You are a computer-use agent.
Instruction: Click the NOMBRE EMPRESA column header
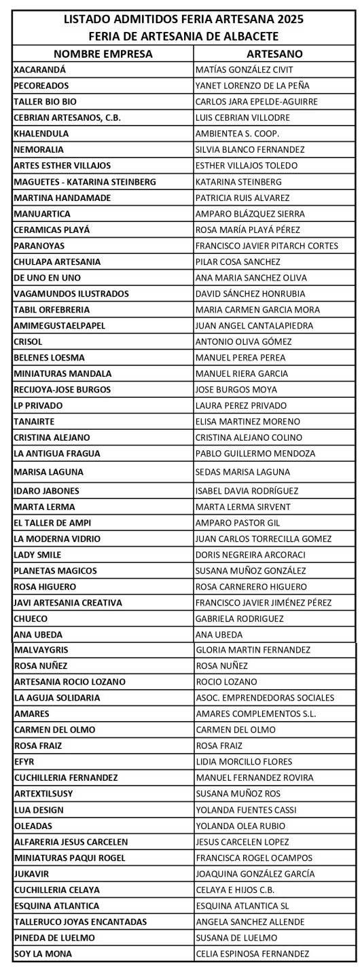pos(103,54)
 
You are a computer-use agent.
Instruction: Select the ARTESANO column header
pos(274,54)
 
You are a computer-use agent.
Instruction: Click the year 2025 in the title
pos(289,20)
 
